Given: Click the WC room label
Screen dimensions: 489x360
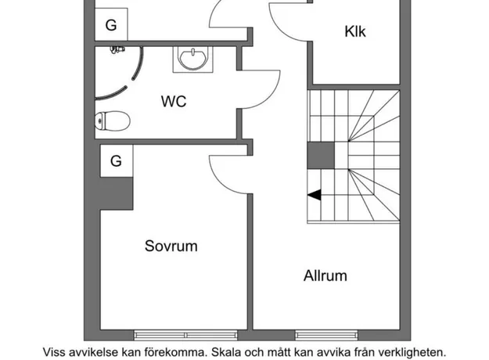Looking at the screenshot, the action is (x=174, y=102).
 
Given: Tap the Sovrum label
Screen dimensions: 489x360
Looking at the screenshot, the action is (x=171, y=247).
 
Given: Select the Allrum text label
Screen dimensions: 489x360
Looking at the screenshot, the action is (x=325, y=275).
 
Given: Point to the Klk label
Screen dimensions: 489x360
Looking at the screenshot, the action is (x=355, y=31).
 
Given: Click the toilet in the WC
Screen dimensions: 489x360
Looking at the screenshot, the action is (x=112, y=121).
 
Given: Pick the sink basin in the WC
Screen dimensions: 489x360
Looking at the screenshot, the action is (x=193, y=59).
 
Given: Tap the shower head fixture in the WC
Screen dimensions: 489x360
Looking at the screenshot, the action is (x=117, y=49).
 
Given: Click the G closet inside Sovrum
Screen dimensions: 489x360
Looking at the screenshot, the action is (x=117, y=161).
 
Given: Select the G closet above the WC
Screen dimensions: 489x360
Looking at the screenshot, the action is (x=111, y=24).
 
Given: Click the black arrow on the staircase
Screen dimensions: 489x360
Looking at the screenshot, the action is (x=314, y=195).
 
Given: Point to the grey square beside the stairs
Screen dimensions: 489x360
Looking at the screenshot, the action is (x=321, y=156).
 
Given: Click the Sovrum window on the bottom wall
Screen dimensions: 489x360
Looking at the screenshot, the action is (x=185, y=335).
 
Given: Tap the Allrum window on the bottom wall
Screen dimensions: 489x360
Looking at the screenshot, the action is (x=326, y=335).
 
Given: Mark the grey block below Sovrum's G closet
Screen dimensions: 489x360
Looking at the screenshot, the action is (x=117, y=193).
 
